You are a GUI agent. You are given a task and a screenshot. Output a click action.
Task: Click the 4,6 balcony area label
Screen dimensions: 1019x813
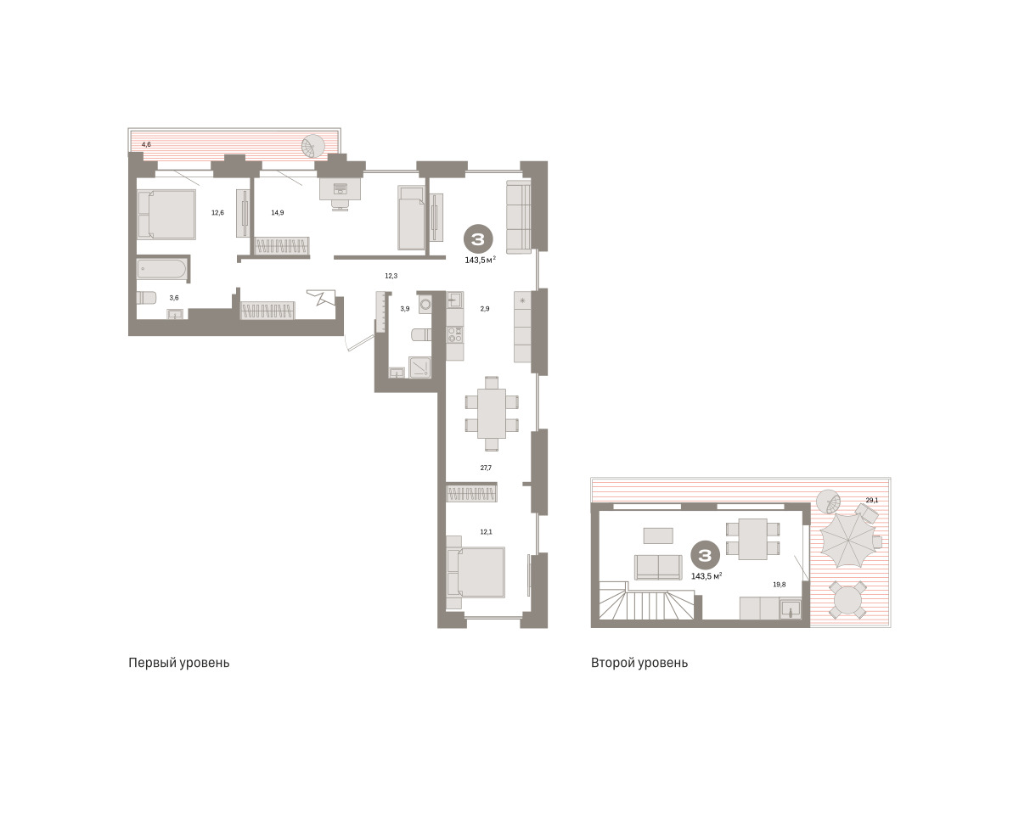[x=146, y=144]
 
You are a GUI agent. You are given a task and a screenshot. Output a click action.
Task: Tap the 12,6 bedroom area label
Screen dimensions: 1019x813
[x=218, y=212]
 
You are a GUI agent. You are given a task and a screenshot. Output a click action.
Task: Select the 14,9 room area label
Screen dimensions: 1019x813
[x=278, y=212]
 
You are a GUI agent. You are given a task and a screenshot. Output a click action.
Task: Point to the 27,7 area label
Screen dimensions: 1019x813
[x=486, y=468]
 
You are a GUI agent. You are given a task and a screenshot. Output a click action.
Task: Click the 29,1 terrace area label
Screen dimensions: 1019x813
[x=872, y=500]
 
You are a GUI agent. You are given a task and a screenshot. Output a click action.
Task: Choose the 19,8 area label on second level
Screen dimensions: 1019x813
[x=780, y=585]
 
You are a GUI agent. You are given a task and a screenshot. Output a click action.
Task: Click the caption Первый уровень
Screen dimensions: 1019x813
[x=179, y=663]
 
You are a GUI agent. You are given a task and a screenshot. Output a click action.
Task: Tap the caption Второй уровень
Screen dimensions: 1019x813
[x=639, y=663]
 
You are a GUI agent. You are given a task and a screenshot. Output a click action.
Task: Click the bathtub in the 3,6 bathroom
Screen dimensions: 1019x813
[x=162, y=269]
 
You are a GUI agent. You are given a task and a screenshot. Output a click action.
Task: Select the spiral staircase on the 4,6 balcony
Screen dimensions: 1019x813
[x=313, y=146]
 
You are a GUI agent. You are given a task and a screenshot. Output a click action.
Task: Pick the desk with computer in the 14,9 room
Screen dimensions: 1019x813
[x=341, y=188]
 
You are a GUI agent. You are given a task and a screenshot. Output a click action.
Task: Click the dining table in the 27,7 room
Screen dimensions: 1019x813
[x=492, y=413]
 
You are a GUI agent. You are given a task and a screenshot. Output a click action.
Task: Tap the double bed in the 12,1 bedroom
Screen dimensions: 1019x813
[x=476, y=572]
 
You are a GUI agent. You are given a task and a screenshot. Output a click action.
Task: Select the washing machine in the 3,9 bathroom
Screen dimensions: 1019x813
[x=425, y=303]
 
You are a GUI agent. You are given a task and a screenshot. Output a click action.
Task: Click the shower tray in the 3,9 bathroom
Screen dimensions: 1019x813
[x=420, y=367]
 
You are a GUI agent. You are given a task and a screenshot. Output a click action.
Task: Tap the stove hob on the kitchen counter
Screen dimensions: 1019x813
[x=455, y=334]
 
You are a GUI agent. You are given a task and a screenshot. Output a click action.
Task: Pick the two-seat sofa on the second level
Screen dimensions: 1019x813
[x=658, y=568]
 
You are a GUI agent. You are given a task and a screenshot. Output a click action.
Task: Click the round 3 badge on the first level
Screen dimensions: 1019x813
[x=478, y=239]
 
